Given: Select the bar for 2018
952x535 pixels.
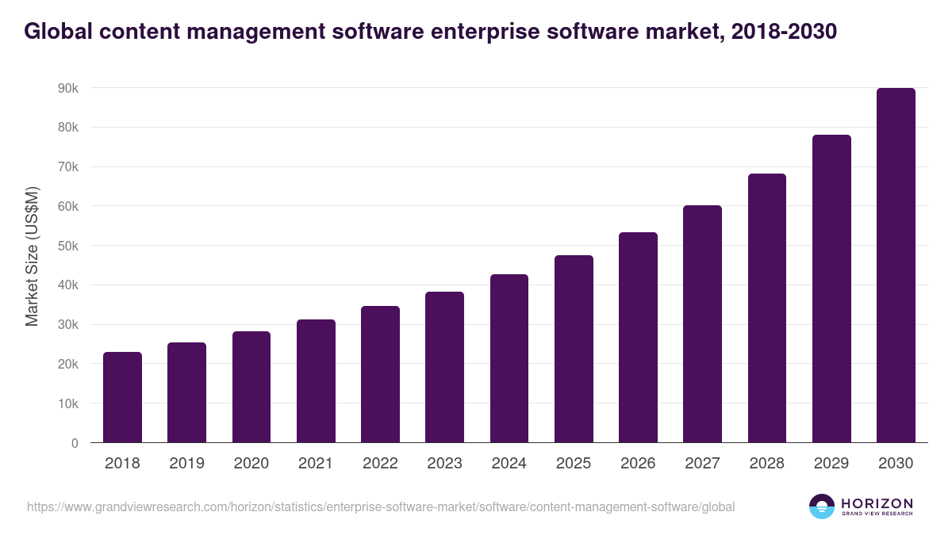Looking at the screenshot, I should coord(122,397).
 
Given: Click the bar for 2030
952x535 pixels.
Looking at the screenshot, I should coord(896,266).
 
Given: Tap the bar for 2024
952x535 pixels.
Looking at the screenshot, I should coord(509,358).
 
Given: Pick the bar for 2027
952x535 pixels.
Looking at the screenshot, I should coord(702,324).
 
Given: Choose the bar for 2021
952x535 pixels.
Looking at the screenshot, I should coord(316,381).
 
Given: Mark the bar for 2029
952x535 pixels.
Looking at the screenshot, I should coord(831,289).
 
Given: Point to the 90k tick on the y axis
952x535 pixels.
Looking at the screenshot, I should coord(68,88).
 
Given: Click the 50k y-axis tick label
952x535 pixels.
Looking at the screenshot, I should coord(68,246).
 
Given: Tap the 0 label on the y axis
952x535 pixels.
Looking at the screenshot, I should coord(75,443).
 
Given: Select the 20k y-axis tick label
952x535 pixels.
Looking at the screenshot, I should coord(68,364).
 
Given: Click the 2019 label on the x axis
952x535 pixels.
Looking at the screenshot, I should coord(186,464).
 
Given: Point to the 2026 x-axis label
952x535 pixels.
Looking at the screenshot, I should coord(638,464).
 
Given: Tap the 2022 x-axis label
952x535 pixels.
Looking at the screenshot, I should coord(380,464).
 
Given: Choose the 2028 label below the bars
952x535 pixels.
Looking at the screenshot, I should coord(766,464).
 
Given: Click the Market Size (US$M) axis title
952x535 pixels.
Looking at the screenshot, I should coord(32,256).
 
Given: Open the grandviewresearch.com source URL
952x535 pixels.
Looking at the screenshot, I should coord(381,506).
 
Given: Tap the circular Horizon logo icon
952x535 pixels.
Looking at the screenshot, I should coord(822,506).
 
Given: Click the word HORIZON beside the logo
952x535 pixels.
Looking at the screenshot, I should coord(877,503).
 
